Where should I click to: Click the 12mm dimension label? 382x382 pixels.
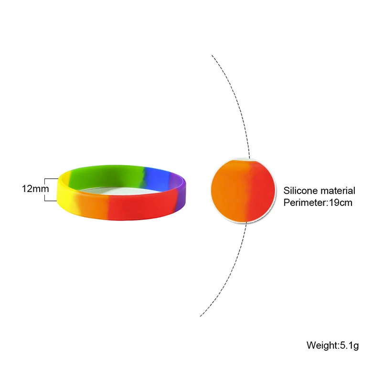click(35, 189)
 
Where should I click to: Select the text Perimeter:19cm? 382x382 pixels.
click(318, 202)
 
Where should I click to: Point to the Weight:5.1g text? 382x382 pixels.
click(332, 345)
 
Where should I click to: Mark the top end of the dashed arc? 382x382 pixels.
click(212, 56)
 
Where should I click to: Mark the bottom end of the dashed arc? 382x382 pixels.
click(200, 316)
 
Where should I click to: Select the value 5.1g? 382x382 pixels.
click(349, 345)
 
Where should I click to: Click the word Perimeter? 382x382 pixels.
click(304, 202)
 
